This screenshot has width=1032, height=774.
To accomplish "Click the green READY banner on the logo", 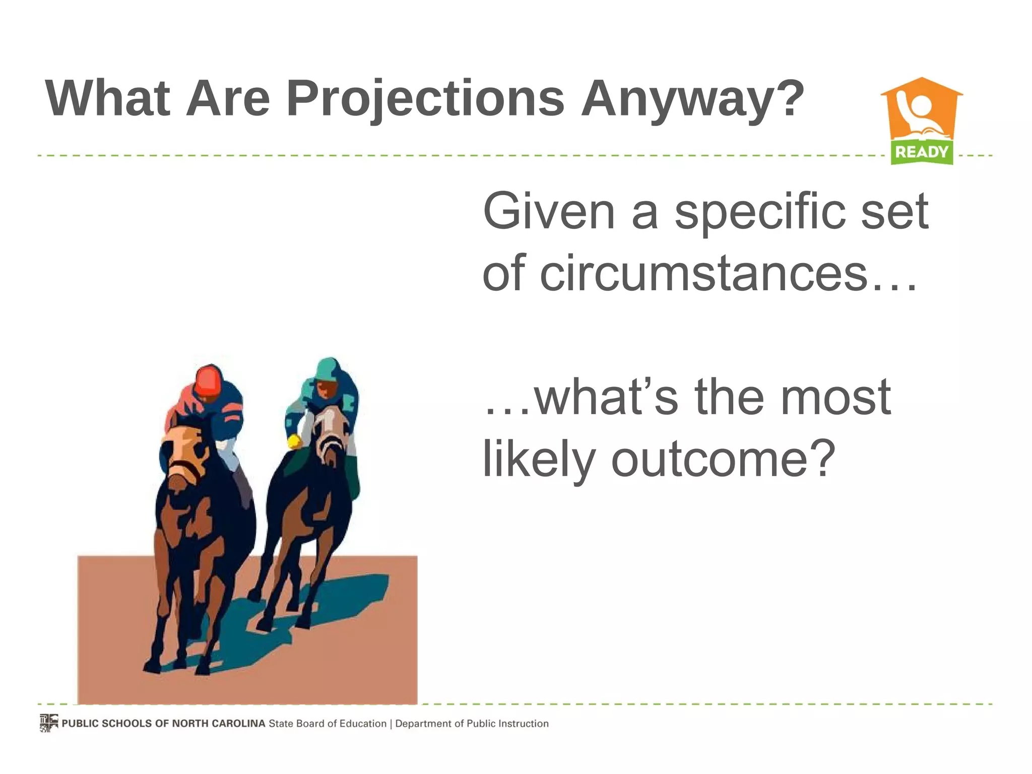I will pyautogui.click(x=922, y=152).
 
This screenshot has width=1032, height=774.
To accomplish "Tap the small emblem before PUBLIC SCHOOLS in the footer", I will pyautogui.click(x=48, y=723).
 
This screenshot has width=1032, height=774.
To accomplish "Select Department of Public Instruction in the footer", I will pyautogui.click(x=472, y=724).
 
